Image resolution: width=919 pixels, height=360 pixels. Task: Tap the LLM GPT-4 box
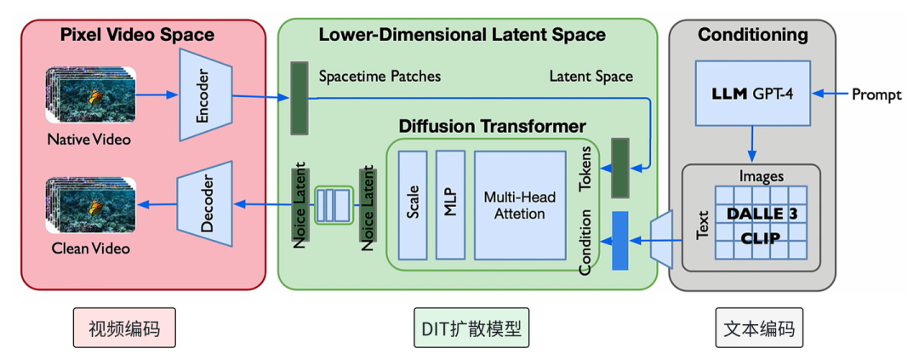tap(752, 93)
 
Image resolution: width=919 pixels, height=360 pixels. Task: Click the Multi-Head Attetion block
tap(511, 205)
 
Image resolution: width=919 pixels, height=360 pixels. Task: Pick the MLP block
tap(450, 205)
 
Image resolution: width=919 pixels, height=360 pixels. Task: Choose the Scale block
tap(413, 205)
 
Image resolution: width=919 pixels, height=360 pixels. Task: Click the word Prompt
tap(876, 94)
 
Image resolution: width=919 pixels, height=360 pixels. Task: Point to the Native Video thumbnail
tap(91, 94)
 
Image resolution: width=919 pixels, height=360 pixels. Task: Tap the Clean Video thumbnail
tap(91, 205)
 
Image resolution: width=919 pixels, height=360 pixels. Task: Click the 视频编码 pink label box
tap(124, 327)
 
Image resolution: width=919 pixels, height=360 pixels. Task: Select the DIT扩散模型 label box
tap(471, 327)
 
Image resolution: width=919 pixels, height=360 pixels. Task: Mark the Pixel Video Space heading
tap(138, 35)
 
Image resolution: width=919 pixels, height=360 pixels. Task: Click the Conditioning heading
tap(752, 35)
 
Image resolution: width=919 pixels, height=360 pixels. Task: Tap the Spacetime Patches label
tap(380, 77)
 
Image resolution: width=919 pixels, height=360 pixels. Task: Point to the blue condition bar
tap(619, 240)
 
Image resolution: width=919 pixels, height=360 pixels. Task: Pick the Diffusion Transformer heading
tap(493, 126)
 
